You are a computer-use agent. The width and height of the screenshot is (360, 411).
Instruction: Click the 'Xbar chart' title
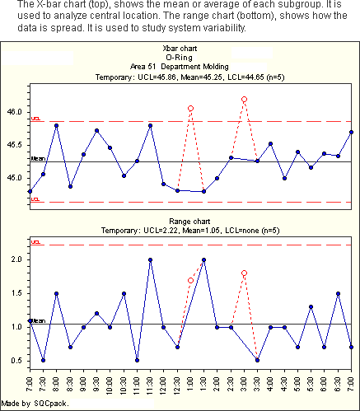180,49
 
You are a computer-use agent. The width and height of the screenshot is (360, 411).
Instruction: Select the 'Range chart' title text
189,222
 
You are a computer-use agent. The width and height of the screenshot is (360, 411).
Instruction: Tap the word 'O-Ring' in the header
179,58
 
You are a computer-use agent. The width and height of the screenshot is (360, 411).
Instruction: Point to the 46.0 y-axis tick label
14,112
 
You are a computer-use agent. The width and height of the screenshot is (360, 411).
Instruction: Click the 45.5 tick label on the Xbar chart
14,145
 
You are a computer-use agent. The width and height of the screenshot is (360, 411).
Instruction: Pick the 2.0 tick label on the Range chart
16,259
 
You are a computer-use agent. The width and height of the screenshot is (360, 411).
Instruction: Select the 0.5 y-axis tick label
16,361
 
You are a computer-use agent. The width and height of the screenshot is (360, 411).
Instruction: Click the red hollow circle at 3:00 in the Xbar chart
244,100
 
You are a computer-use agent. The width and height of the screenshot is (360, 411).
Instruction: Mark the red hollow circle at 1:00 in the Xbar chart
190,109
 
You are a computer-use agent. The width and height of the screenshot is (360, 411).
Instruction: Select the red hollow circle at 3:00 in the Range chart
244,273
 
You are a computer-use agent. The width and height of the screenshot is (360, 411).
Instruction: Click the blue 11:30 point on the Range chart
150,259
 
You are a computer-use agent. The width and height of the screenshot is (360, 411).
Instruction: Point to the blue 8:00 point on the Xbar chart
56,125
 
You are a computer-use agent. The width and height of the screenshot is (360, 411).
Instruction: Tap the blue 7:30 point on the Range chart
43,360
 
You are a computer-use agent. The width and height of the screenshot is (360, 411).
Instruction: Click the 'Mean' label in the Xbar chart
38,158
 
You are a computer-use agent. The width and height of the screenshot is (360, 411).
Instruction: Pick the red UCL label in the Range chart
35,242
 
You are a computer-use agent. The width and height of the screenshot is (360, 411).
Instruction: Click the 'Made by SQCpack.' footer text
35,404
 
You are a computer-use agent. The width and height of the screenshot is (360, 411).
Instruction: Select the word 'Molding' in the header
216,67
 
